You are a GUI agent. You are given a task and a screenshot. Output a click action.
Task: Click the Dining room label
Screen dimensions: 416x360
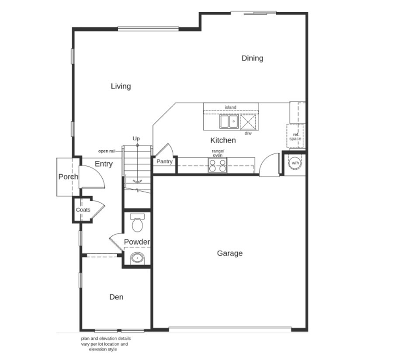[x=252, y=59]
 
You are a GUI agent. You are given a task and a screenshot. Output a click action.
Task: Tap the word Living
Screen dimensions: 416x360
[x=121, y=86]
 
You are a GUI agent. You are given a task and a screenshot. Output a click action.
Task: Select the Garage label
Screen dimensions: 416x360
[x=230, y=253]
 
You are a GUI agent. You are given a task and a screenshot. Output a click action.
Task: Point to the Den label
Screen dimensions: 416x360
[x=116, y=297]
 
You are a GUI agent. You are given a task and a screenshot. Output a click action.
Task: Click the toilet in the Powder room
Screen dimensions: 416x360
[x=137, y=223]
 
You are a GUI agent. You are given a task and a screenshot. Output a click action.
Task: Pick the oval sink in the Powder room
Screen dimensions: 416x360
[x=137, y=258]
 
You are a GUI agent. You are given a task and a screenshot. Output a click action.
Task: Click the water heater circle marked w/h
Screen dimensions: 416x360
[x=295, y=163]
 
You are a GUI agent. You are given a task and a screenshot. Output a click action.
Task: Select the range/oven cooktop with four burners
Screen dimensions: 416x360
[x=218, y=165]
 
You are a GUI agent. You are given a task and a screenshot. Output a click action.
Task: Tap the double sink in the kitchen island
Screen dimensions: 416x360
[x=229, y=122]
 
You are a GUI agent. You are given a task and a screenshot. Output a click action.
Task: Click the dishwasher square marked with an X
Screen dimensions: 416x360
[x=248, y=122]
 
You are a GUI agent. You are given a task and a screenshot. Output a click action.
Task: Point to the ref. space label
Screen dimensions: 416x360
[x=295, y=137]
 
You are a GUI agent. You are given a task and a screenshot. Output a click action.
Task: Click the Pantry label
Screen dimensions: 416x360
[x=164, y=162]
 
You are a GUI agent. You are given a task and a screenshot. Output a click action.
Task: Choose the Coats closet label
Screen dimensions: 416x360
[x=83, y=210]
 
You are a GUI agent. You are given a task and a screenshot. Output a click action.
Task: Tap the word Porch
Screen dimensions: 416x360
[x=68, y=177]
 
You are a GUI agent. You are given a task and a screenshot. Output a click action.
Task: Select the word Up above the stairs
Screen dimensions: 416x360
[x=136, y=138]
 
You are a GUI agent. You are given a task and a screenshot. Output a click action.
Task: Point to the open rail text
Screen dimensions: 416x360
[x=107, y=151]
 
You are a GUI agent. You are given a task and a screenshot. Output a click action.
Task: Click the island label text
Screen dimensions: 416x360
[x=231, y=107]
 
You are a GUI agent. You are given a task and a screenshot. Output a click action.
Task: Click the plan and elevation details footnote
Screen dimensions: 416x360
[x=106, y=344]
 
